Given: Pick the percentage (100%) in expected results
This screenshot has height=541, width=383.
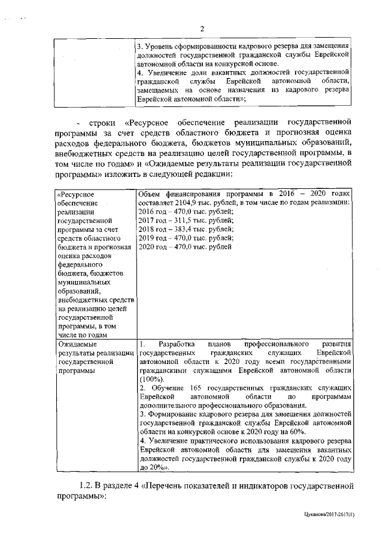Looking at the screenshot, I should [x=148, y=380].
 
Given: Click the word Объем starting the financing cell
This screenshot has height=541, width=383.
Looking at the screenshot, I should [x=150, y=194].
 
